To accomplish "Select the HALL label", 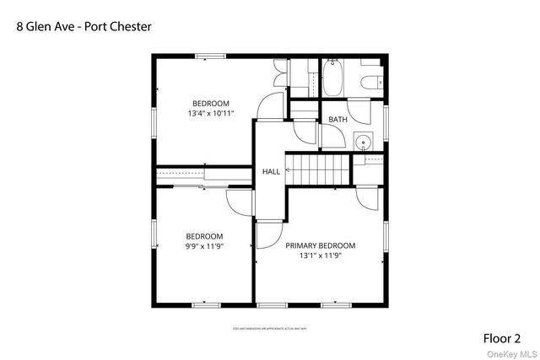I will [271, 171].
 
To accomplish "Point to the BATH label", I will [337, 120].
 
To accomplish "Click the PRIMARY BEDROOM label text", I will [320, 245].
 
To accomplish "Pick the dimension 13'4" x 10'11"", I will [210, 113].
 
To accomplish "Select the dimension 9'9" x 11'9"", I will [204, 246].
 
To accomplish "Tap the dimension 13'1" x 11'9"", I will [320, 256].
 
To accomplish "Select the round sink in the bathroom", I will [364, 142].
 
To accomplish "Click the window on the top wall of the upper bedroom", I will [211, 56].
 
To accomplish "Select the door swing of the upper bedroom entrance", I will [270, 105].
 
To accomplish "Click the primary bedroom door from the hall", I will [268, 234].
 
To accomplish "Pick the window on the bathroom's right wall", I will [386, 120].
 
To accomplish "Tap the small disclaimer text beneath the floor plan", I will [269, 329].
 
